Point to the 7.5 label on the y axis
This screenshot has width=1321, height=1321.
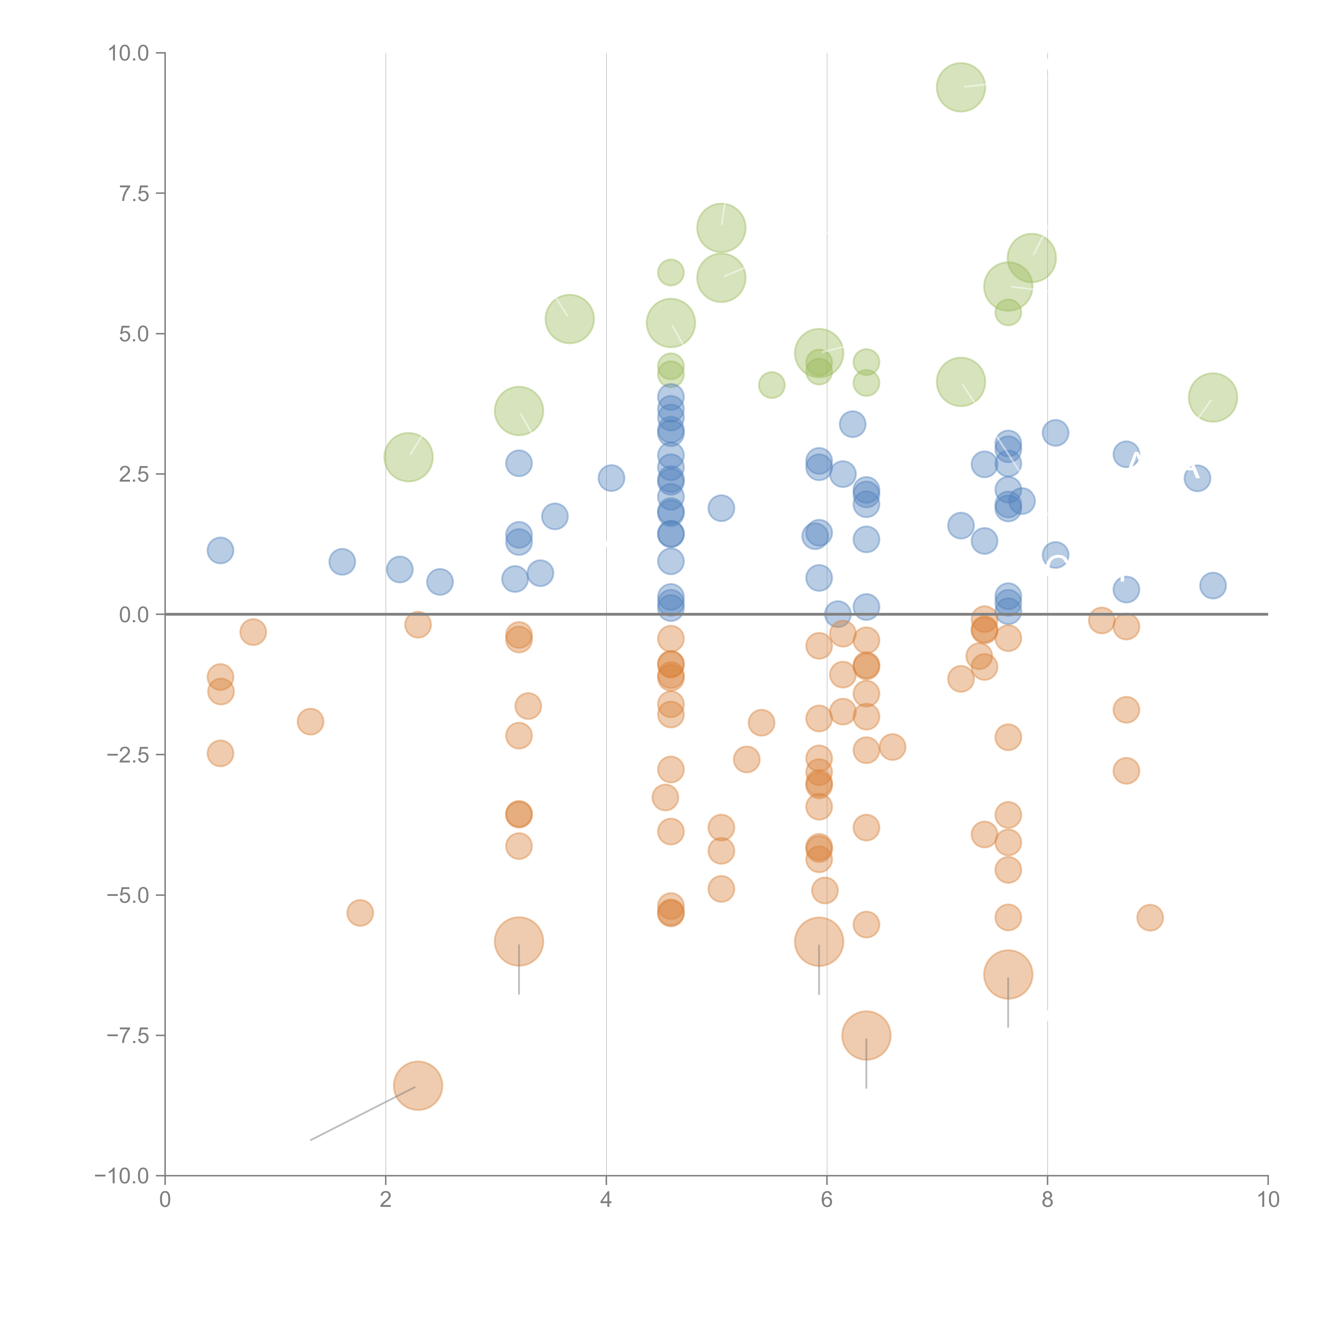pos(134,193)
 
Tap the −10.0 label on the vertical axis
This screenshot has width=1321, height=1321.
pos(122,1176)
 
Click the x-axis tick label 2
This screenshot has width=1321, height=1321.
pos(386,1200)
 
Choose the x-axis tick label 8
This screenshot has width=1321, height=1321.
pos(1048,1200)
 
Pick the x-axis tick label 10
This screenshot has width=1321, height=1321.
pos(1268,1200)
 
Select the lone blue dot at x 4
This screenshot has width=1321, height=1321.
pos(611,478)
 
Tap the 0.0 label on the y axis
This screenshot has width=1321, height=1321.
pos(134,615)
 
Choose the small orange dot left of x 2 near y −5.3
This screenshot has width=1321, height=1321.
pos(360,913)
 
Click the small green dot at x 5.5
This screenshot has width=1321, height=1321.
pos(771,385)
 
